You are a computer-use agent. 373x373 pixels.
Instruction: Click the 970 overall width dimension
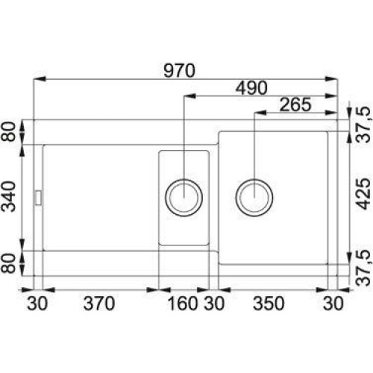tap(180, 71)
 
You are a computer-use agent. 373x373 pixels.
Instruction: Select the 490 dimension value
tap(251, 88)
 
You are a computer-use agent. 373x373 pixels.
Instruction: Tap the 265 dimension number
tap(295, 104)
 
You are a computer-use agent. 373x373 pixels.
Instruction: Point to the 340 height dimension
tap(9, 196)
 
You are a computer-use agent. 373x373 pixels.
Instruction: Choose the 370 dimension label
tap(99, 304)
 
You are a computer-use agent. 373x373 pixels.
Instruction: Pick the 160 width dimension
tap(183, 304)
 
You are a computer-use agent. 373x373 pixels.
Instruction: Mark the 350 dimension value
tap(269, 304)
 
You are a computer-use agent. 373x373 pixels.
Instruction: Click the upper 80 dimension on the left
tap(9, 132)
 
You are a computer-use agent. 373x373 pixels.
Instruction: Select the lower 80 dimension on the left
tap(9, 263)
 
